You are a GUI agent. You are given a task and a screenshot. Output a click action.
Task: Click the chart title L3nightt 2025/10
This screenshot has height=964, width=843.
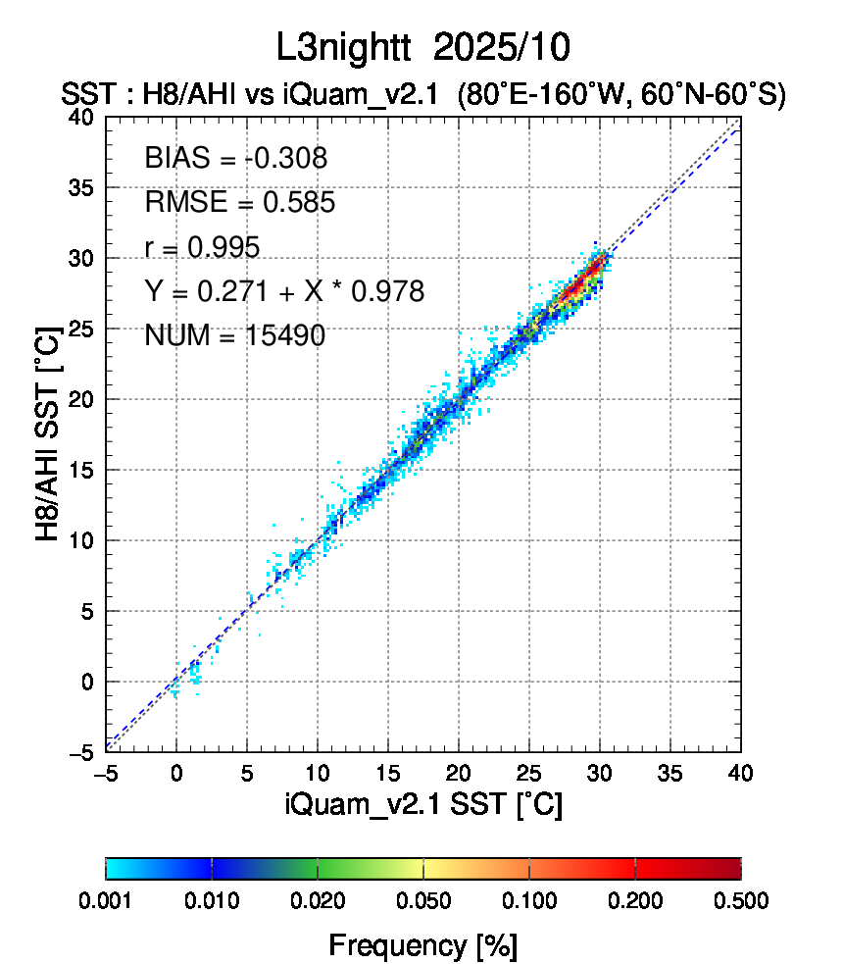pos(422,46)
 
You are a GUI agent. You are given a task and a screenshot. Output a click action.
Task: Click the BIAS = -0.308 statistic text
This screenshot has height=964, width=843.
pos(235,158)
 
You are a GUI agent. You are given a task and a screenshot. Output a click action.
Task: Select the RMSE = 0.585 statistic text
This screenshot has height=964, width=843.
pos(239,203)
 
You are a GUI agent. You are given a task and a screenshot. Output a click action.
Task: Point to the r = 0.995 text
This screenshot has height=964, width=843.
pos(202,247)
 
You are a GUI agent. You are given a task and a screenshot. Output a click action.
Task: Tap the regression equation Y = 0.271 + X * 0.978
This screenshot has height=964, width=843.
pos(283,291)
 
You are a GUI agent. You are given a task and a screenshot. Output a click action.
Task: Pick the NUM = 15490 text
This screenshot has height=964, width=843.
pos(234,336)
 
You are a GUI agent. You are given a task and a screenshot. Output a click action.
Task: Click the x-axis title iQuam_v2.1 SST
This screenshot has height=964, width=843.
pos(422,805)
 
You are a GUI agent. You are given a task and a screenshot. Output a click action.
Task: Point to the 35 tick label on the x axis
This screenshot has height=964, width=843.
pos(670,773)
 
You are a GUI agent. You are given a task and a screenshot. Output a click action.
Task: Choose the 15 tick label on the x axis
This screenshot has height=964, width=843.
pos(388,773)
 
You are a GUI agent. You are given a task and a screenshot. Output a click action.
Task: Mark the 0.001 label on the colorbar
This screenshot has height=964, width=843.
pos(106,901)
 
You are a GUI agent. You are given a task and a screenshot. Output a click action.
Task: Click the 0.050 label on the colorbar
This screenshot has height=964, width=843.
pos(423,901)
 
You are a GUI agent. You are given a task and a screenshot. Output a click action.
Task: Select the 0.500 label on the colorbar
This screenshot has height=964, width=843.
pos(741,901)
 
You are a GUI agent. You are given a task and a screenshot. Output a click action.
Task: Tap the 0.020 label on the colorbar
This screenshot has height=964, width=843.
pos(318,901)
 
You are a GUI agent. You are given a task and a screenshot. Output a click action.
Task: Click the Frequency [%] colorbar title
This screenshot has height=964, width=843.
pos(422,945)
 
